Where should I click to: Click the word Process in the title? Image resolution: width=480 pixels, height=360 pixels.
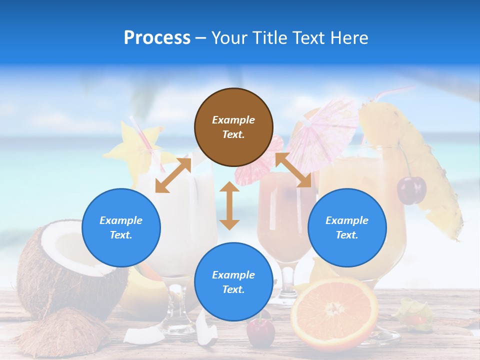point(157,38)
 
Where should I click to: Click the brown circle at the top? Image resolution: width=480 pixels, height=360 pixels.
point(233,127)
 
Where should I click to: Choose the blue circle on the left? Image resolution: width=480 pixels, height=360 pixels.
point(121,227)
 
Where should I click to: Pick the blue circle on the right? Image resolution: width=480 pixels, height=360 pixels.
point(347,227)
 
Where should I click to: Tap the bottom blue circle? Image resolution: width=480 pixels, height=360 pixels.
point(233,282)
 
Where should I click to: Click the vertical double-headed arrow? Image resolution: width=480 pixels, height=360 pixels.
point(229,205)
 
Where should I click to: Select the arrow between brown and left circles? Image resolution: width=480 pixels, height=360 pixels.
point(173,175)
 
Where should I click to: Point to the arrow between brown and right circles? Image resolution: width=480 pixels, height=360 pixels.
point(293,170)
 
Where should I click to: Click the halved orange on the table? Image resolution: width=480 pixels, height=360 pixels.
point(334,312)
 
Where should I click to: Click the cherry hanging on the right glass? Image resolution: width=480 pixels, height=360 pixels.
point(411,189)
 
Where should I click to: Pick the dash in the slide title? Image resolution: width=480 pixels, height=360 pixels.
point(200,38)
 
